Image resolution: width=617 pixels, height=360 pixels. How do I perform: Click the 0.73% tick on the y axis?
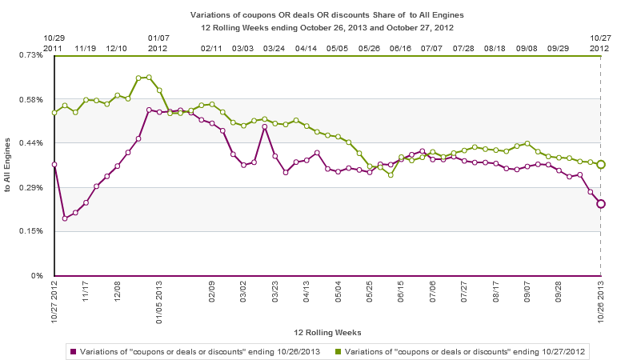(32, 54)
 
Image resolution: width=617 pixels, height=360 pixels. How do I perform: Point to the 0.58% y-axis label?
(32, 99)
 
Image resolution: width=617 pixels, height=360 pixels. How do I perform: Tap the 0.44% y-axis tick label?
(32, 142)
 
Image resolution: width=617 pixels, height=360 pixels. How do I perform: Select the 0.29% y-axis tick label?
(32, 187)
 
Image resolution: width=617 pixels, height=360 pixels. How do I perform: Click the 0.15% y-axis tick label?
(32, 231)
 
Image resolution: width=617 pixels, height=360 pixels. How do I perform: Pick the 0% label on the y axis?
(38, 276)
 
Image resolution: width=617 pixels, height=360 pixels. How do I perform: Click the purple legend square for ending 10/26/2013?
(73, 350)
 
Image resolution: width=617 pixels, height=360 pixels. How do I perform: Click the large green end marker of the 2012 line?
(601, 164)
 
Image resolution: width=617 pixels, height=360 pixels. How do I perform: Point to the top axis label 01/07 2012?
(158, 43)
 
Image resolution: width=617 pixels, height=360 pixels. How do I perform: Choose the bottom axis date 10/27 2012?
(54, 304)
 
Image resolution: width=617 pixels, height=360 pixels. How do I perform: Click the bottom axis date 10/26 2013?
(601, 304)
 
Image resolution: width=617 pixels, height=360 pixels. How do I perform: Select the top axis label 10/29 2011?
(54, 43)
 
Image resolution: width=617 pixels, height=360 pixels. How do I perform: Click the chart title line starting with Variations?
(327, 14)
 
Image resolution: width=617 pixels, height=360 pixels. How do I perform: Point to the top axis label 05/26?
(369, 48)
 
